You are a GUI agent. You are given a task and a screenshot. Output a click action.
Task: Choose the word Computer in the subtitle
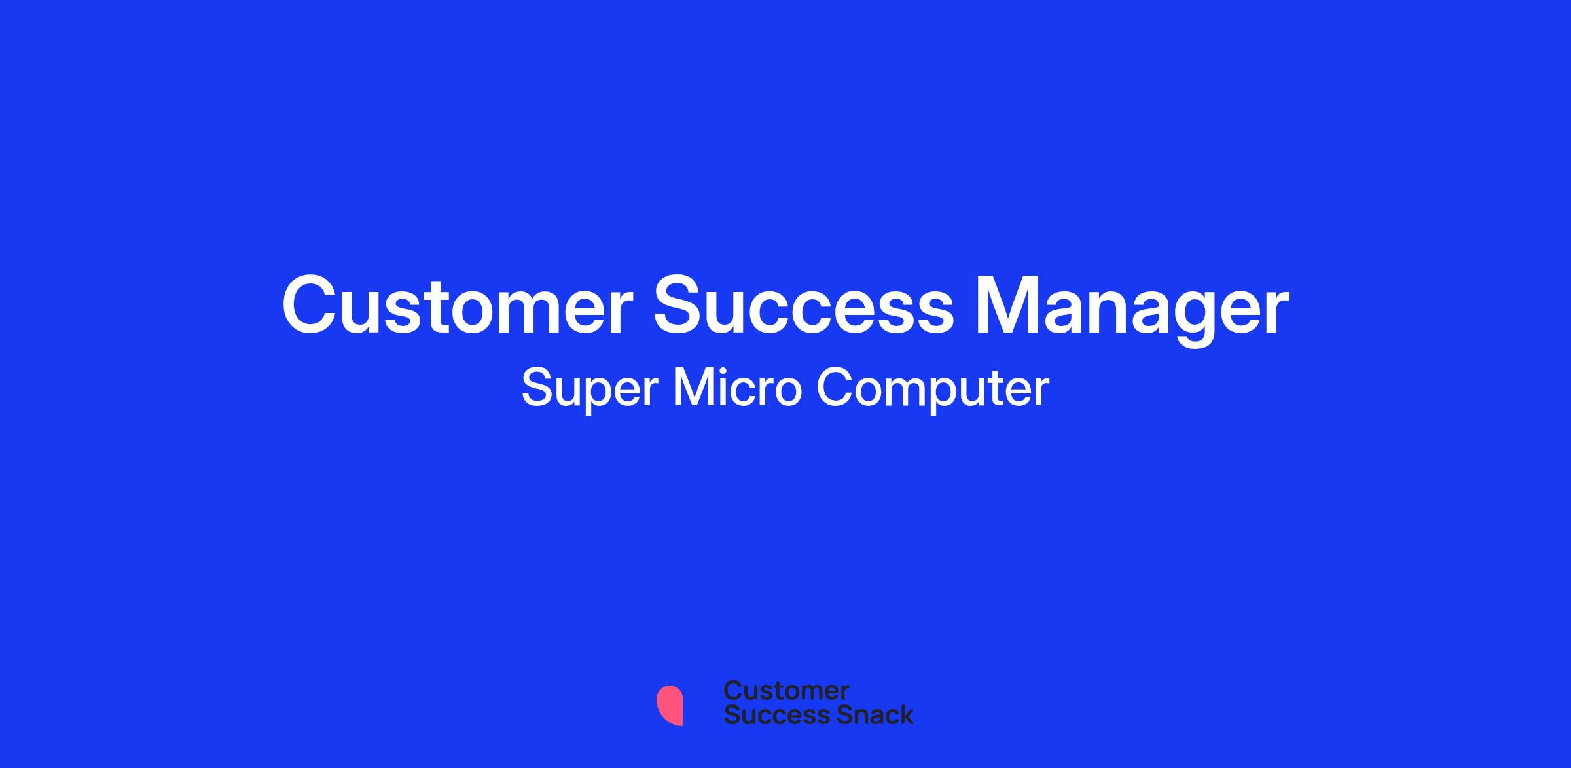point(933,390)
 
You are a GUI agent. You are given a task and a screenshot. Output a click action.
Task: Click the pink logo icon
point(670,705)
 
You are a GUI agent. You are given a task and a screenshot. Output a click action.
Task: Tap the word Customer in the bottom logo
point(786,691)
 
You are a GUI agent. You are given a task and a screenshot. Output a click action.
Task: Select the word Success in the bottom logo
point(770,714)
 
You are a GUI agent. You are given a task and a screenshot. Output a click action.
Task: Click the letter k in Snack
point(906,714)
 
